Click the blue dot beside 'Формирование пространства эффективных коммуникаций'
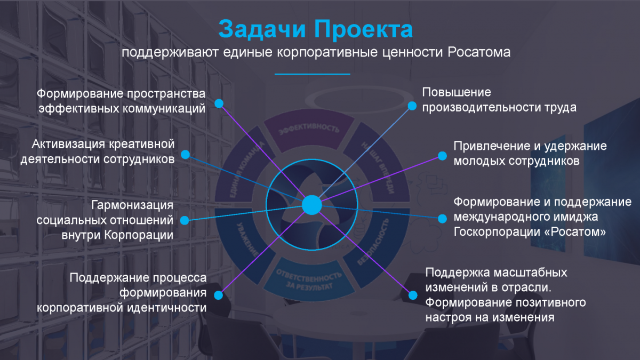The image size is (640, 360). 219,103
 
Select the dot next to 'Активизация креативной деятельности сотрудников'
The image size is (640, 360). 185,155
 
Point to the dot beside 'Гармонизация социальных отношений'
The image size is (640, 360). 185,220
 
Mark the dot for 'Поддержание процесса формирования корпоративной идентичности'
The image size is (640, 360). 219,294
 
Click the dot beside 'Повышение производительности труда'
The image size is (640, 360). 412,106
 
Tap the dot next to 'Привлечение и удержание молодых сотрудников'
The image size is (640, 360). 442,156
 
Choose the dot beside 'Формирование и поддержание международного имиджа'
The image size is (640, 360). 442,218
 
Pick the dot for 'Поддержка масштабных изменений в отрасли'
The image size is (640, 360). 412,294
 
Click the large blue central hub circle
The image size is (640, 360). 311,205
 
